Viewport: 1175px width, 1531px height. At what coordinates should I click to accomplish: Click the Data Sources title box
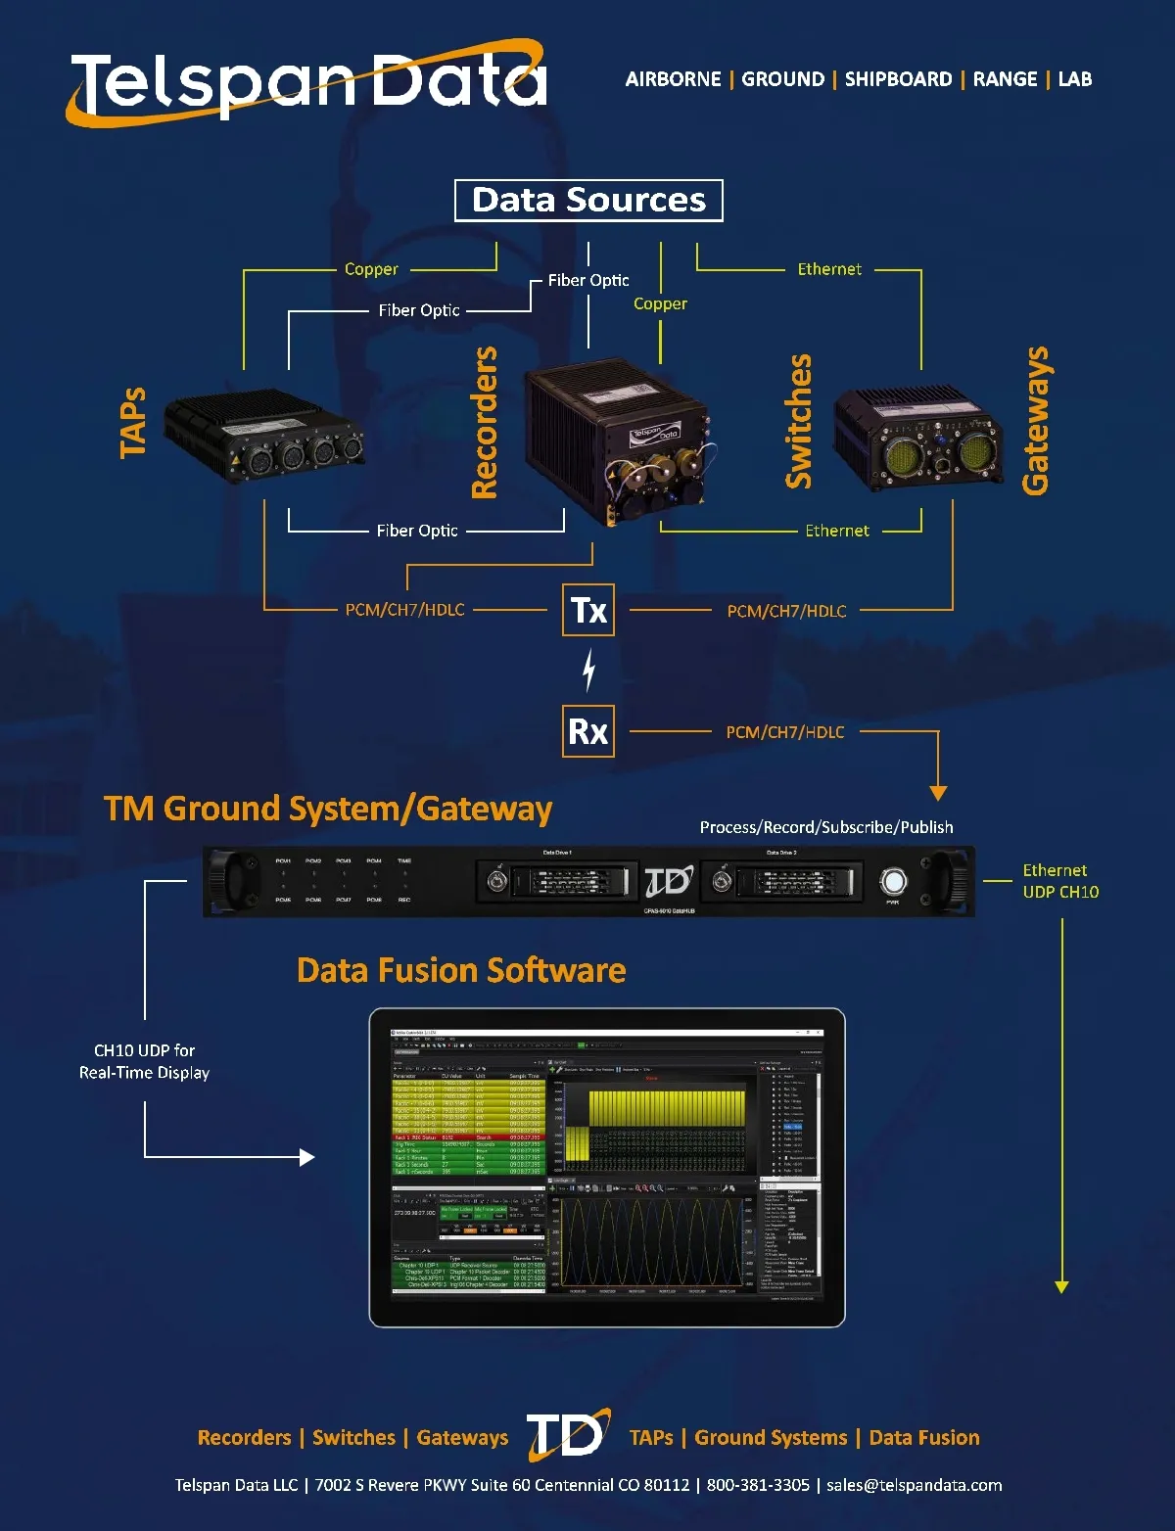pyautogui.click(x=588, y=201)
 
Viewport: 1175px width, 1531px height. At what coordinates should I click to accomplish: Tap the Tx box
pyautogui.click(x=588, y=610)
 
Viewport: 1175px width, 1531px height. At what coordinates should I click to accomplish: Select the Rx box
pyautogui.click(x=588, y=731)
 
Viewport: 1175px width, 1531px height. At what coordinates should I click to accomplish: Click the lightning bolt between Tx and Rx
pyautogui.click(x=588, y=671)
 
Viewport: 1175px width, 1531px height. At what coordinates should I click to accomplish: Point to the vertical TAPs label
pyautogui.click(x=133, y=423)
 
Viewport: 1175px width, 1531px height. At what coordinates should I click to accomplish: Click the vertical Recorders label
pyautogui.click(x=485, y=423)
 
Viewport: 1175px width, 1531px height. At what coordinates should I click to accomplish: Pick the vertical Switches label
pyautogui.click(x=799, y=421)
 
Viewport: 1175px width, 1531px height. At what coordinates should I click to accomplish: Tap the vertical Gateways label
pyautogui.click(x=1035, y=421)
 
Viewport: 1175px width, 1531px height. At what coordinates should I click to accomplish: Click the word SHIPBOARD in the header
pyautogui.click(x=898, y=79)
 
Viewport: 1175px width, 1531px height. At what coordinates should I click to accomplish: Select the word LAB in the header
pyautogui.click(x=1074, y=79)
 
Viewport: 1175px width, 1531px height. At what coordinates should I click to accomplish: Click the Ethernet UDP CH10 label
pyautogui.click(x=1060, y=881)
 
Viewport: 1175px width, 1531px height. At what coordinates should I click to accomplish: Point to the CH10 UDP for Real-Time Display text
pyautogui.click(x=145, y=1061)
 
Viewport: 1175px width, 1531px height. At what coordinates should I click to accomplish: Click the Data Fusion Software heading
pyautogui.click(x=461, y=970)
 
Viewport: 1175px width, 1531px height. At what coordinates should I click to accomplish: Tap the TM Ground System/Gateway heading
pyautogui.click(x=328, y=809)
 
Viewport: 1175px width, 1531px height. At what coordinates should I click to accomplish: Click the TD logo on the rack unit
pyautogui.click(x=669, y=881)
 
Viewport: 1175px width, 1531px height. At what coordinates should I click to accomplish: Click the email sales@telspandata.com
pyautogui.click(x=914, y=1485)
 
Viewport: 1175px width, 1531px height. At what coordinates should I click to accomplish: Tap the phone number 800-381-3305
pyautogui.click(x=758, y=1485)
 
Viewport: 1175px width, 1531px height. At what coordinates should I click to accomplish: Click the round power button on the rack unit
pyautogui.click(x=893, y=881)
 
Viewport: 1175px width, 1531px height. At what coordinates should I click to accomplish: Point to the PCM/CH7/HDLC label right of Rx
pyautogui.click(x=784, y=732)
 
